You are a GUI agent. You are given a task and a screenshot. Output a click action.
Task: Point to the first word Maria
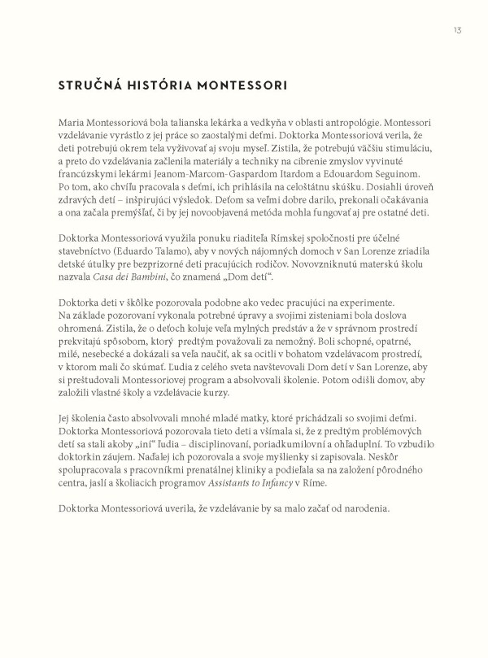[73, 119]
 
